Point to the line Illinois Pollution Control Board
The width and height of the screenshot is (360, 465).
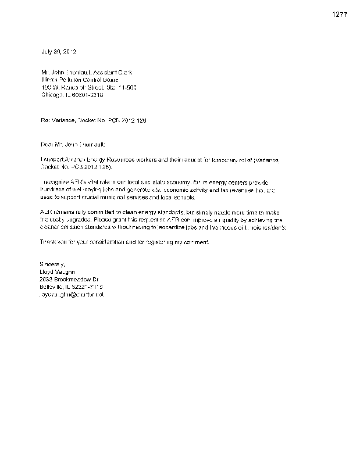[79, 80]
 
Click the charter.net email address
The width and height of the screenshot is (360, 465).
[70, 295]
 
